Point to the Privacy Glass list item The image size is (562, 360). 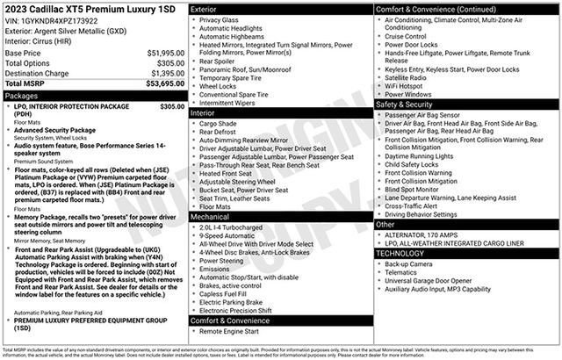(x=221, y=19)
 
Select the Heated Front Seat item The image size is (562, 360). (x=227, y=173)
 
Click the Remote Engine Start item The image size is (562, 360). (x=230, y=331)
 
